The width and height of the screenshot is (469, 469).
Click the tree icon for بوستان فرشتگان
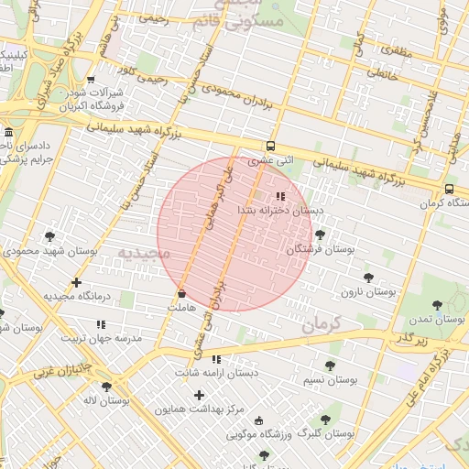[x=319, y=235]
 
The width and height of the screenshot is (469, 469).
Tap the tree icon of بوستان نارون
[x=368, y=277]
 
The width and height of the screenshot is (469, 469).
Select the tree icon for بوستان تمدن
[x=435, y=305]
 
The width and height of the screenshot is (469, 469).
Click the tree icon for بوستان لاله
[x=106, y=387]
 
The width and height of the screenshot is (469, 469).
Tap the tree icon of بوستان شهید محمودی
[x=49, y=236]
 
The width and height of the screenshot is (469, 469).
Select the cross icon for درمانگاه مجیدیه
[x=76, y=282]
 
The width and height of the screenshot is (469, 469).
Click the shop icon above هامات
[x=180, y=294]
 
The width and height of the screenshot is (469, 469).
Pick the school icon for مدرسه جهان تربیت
[x=101, y=324]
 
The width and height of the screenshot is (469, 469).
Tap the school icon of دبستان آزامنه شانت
[x=216, y=359]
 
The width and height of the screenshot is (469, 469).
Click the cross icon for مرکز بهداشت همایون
[x=199, y=395]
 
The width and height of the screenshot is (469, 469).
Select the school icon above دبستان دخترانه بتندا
[x=280, y=196]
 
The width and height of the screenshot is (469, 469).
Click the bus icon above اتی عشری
[x=269, y=146]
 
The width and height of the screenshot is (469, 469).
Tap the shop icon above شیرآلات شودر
[x=90, y=81]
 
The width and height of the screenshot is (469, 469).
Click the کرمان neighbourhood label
[x=320, y=322]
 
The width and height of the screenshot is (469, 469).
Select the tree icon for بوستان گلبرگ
[x=325, y=420]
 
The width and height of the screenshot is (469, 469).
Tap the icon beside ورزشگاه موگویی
[x=258, y=420]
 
